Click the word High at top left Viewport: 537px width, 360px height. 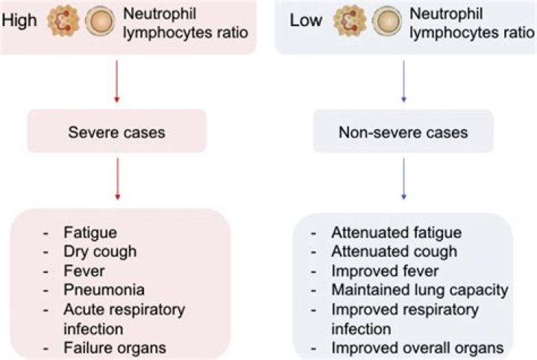(x=19, y=20)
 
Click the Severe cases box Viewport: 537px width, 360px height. (x=116, y=132)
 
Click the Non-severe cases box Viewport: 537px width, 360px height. (x=403, y=133)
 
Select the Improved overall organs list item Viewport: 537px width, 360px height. (x=418, y=347)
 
